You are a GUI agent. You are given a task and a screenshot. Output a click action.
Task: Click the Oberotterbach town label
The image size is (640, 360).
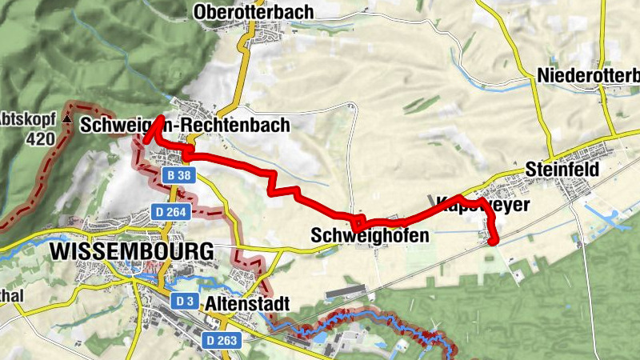254,12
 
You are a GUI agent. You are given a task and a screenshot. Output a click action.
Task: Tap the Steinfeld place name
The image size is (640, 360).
562,170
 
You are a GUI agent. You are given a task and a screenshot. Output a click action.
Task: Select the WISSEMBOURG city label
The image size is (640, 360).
131,251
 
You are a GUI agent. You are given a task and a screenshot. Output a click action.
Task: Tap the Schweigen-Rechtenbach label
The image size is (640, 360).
185,126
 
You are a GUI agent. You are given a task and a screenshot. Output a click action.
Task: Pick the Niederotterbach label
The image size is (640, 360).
589,75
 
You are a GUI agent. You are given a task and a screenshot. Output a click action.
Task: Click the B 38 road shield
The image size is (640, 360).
177,174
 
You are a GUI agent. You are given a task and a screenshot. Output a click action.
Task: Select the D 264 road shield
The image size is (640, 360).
170,211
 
